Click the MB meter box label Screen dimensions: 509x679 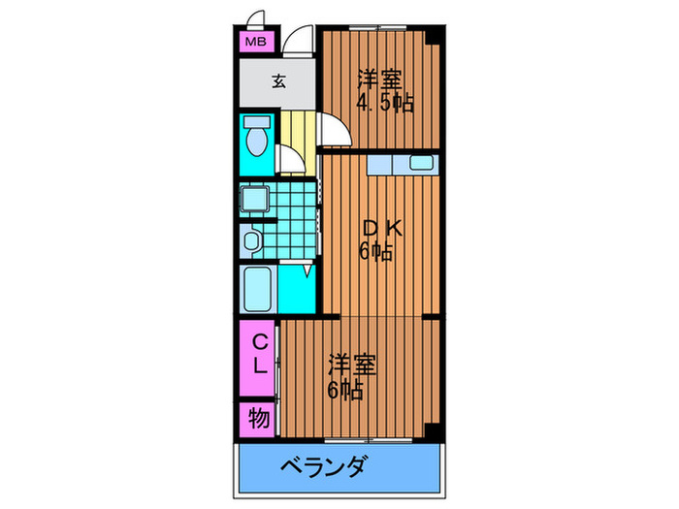(x=255, y=42)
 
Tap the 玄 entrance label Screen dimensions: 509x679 (x=278, y=81)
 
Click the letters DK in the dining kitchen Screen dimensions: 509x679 (x=380, y=230)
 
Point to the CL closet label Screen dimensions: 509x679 (x=261, y=354)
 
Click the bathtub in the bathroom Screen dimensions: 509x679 (x=258, y=288)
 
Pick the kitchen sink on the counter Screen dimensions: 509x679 (x=423, y=163)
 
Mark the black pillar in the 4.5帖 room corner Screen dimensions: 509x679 (x=436, y=36)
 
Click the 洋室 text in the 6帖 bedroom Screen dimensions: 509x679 (x=350, y=366)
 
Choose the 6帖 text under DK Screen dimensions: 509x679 (x=376, y=252)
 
